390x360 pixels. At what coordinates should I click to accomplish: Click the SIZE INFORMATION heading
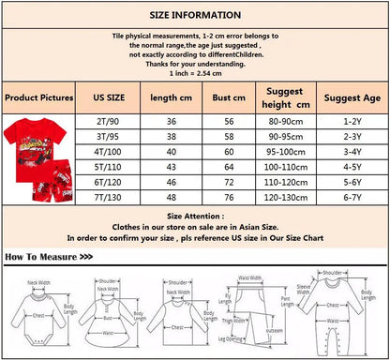tap(195, 16)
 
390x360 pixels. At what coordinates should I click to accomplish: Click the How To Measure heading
tap(49, 256)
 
